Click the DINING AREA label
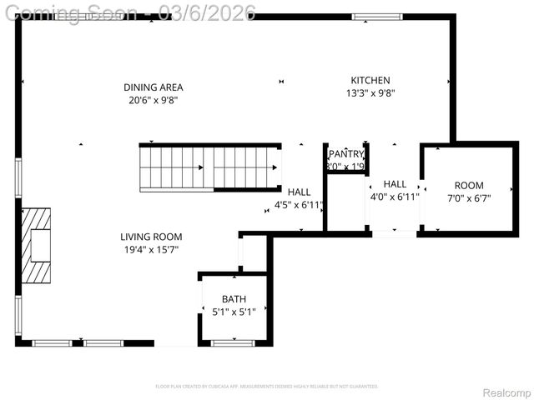(x=153, y=87)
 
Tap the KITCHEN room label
(x=370, y=80)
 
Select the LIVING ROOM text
(x=151, y=237)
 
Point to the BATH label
(x=234, y=299)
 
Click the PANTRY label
(x=345, y=154)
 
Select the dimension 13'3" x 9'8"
(x=370, y=93)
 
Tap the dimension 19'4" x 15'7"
(x=151, y=249)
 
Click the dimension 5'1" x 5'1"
(x=234, y=312)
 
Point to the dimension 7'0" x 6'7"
(x=468, y=198)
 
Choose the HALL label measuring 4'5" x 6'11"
(x=300, y=191)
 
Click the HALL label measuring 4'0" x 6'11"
(x=395, y=183)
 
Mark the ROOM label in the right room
(x=468, y=185)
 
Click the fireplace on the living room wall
(x=37, y=246)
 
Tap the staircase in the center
(x=209, y=167)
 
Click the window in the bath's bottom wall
(x=233, y=342)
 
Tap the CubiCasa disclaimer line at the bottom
(x=267, y=387)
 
